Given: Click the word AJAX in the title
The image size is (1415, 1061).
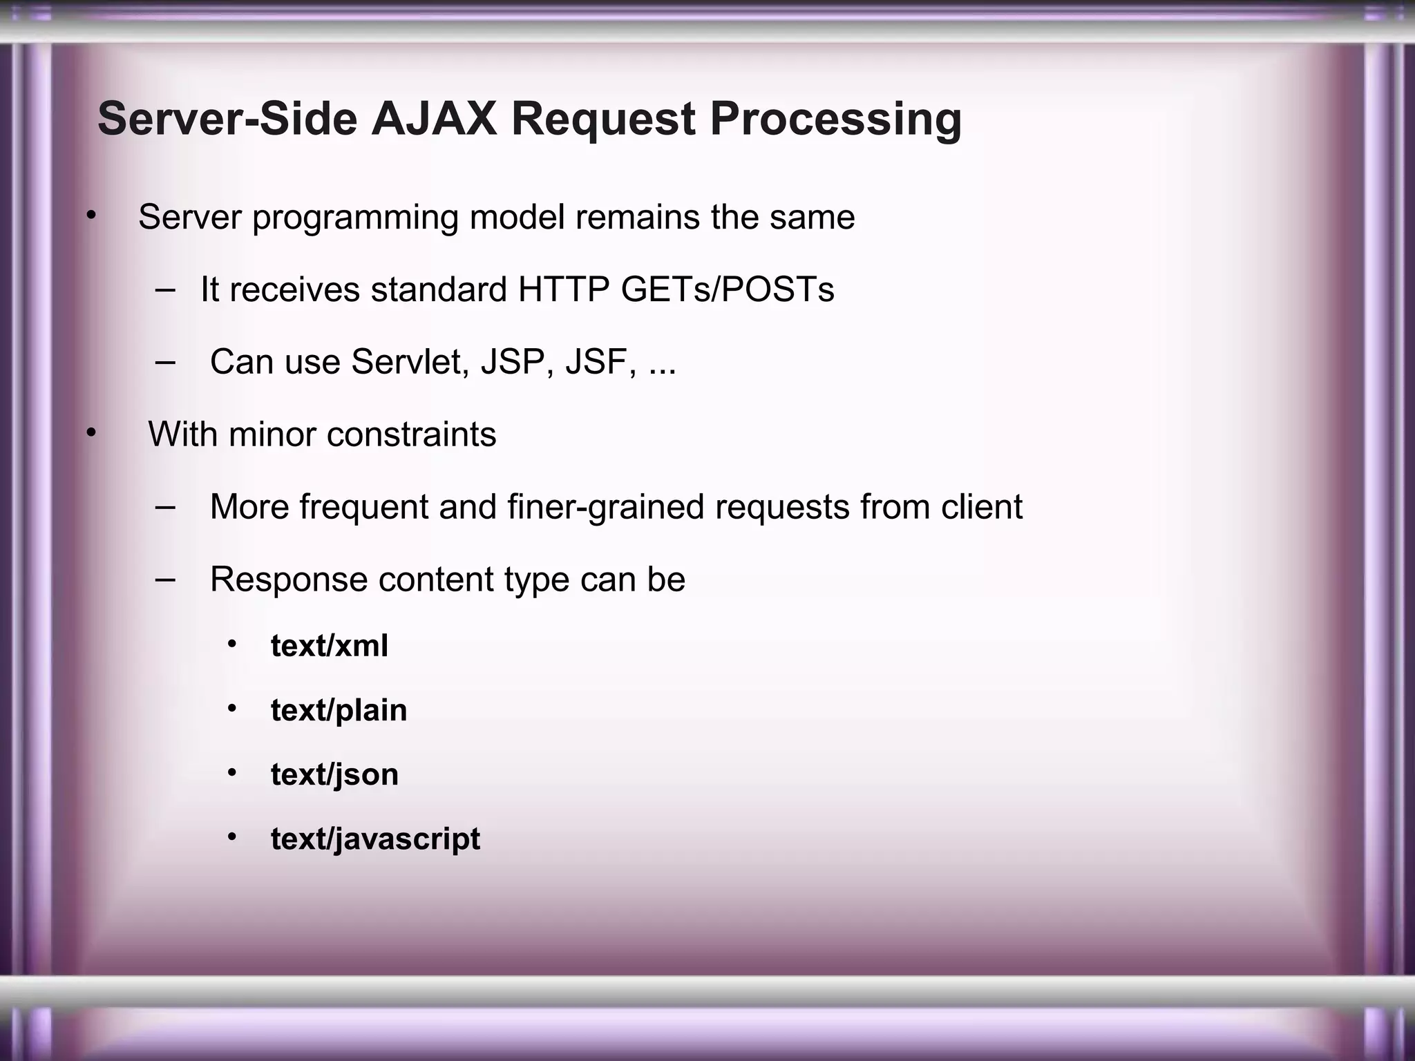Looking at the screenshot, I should tap(434, 119).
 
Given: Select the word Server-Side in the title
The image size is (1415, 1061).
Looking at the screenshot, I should tap(227, 119).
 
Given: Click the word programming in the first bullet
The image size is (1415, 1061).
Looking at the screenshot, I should tap(355, 218).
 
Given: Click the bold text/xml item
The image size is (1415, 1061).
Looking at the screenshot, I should tap(329, 647).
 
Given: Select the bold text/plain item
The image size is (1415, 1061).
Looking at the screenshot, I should tap(339, 711).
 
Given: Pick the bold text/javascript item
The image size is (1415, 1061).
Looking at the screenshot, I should tap(375, 839).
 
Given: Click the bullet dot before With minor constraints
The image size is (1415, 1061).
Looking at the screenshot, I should tap(90, 434).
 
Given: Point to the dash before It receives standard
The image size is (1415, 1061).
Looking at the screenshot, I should tap(164, 289).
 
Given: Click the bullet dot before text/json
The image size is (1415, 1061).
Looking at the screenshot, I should tap(232, 773).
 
